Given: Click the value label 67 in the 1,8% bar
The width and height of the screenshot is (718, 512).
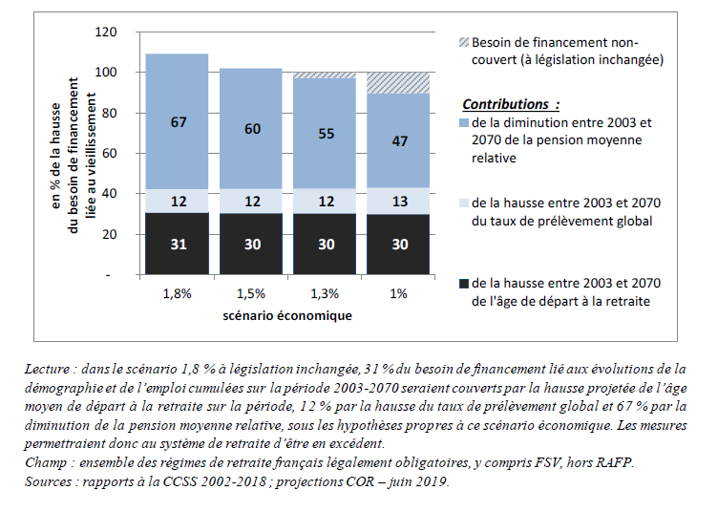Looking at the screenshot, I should coord(177,121).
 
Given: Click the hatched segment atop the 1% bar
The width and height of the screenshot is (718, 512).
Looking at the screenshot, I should coord(398,83).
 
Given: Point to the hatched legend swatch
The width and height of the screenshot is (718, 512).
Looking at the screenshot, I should coord(464,43).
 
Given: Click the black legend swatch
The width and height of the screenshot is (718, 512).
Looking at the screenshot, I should coord(464,284).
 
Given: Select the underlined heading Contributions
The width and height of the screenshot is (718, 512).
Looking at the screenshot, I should coord(505,103).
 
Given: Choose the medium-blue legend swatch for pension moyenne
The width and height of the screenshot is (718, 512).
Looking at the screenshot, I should coord(464,123).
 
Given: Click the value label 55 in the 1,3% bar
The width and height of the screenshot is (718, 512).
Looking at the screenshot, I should coord(325,134).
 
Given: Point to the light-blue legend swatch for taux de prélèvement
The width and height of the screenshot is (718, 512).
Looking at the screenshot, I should coord(464,203).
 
